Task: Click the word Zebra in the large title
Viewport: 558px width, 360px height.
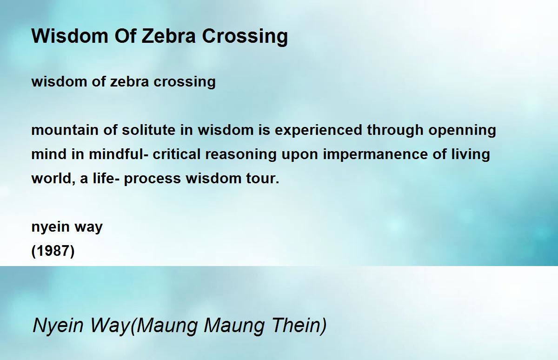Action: pyautogui.click(x=169, y=36)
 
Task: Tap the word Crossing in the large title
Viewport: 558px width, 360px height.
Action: pyautogui.click(x=245, y=37)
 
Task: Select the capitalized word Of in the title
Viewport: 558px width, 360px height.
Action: pyautogui.click(x=125, y=36)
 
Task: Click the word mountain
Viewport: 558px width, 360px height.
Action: pyautogui.click(x=65, y=130)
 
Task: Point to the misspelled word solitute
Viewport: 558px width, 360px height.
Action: pyautogui.click(x=148, y=130)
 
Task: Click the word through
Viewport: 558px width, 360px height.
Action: pyautogui.click(x=395, y=131)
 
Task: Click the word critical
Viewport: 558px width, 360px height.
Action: pyautogui.click(x=177, y=154)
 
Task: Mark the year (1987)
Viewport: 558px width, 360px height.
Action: pyautogui.click(x=53, y=251)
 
